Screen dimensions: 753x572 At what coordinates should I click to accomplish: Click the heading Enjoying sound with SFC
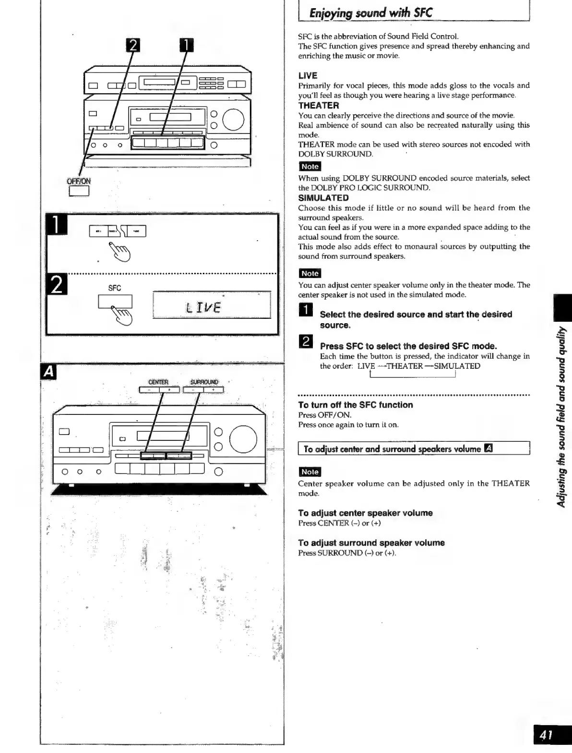[x=370, y=12]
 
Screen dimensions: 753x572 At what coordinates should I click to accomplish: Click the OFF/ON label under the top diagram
[x=79, y=181]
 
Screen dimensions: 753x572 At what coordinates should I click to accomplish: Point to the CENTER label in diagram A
[x=158, y=382]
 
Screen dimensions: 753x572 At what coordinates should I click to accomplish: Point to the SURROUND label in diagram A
[x=204, y=382]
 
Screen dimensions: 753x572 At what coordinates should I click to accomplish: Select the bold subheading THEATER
[x=318, y=106]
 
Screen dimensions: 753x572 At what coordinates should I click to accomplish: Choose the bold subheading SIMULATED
[x=323, y=198]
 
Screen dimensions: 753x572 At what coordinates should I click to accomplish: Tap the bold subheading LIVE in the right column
[x=308, y=76]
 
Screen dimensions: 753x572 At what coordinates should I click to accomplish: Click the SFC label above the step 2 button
[x=115, y=288]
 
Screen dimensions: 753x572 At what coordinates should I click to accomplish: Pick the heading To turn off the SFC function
[x=355, y=405]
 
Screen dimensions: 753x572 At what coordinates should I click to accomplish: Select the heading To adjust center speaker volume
[x=365, y=513]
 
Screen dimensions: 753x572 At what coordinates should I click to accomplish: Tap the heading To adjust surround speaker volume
[x=371, y=543]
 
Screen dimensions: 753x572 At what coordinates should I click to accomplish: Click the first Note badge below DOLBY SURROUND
[x=310, y=167]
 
